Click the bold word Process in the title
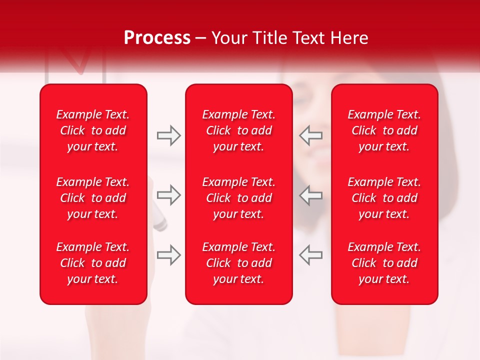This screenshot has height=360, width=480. pos(157,38)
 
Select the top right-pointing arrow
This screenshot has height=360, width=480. pos(168,135)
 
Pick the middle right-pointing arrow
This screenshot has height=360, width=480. pos(168,195)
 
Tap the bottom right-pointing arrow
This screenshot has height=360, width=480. pos(168,255)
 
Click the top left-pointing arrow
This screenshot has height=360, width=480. pos(310,135)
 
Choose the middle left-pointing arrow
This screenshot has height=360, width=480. pos(310,195)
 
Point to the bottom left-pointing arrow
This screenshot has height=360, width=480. pos(310,255)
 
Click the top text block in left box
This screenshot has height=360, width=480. pos(93,130)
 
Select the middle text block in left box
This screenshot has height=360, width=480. pos(93,198)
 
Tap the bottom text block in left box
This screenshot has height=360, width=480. pos(93,263)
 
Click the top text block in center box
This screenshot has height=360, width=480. pos(239,130)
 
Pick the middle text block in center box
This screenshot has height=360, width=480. pos(239,198)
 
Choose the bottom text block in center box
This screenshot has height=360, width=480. pos(239,263)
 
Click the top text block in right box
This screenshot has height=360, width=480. pos(384,130)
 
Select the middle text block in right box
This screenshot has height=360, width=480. pos(384,198)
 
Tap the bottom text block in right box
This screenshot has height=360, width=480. pos(384,263)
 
